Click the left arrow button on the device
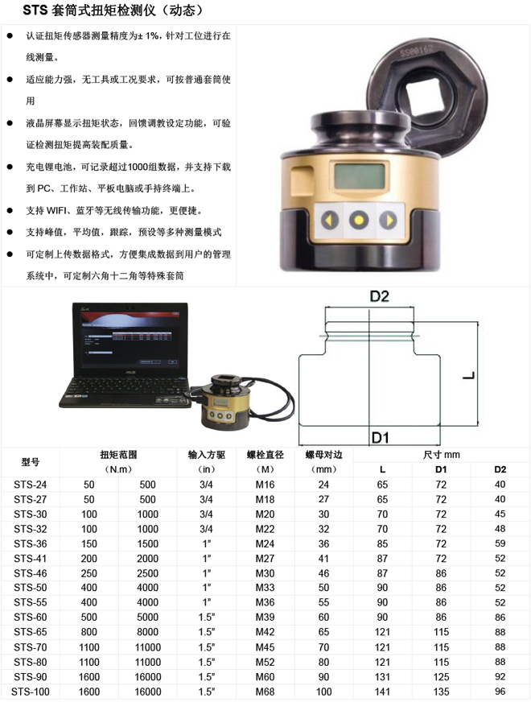[330, 221]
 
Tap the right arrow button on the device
[388, 221]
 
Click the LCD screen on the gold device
[359, 176]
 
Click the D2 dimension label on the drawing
[380, 296]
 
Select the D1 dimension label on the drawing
[380, 437]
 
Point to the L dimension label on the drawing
[469, 375]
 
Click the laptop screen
[130, 340]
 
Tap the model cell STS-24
[30, 485]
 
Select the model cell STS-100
[30, 692]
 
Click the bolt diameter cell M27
[265, 558]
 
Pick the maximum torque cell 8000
[147, 632]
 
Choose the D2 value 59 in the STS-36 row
[500, 543]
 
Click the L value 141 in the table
[382, 692]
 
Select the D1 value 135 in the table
[441, 692]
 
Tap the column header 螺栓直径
[265, 455]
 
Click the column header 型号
[31, 462]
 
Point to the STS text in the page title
[35, 10]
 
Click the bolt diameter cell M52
[265, 662]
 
